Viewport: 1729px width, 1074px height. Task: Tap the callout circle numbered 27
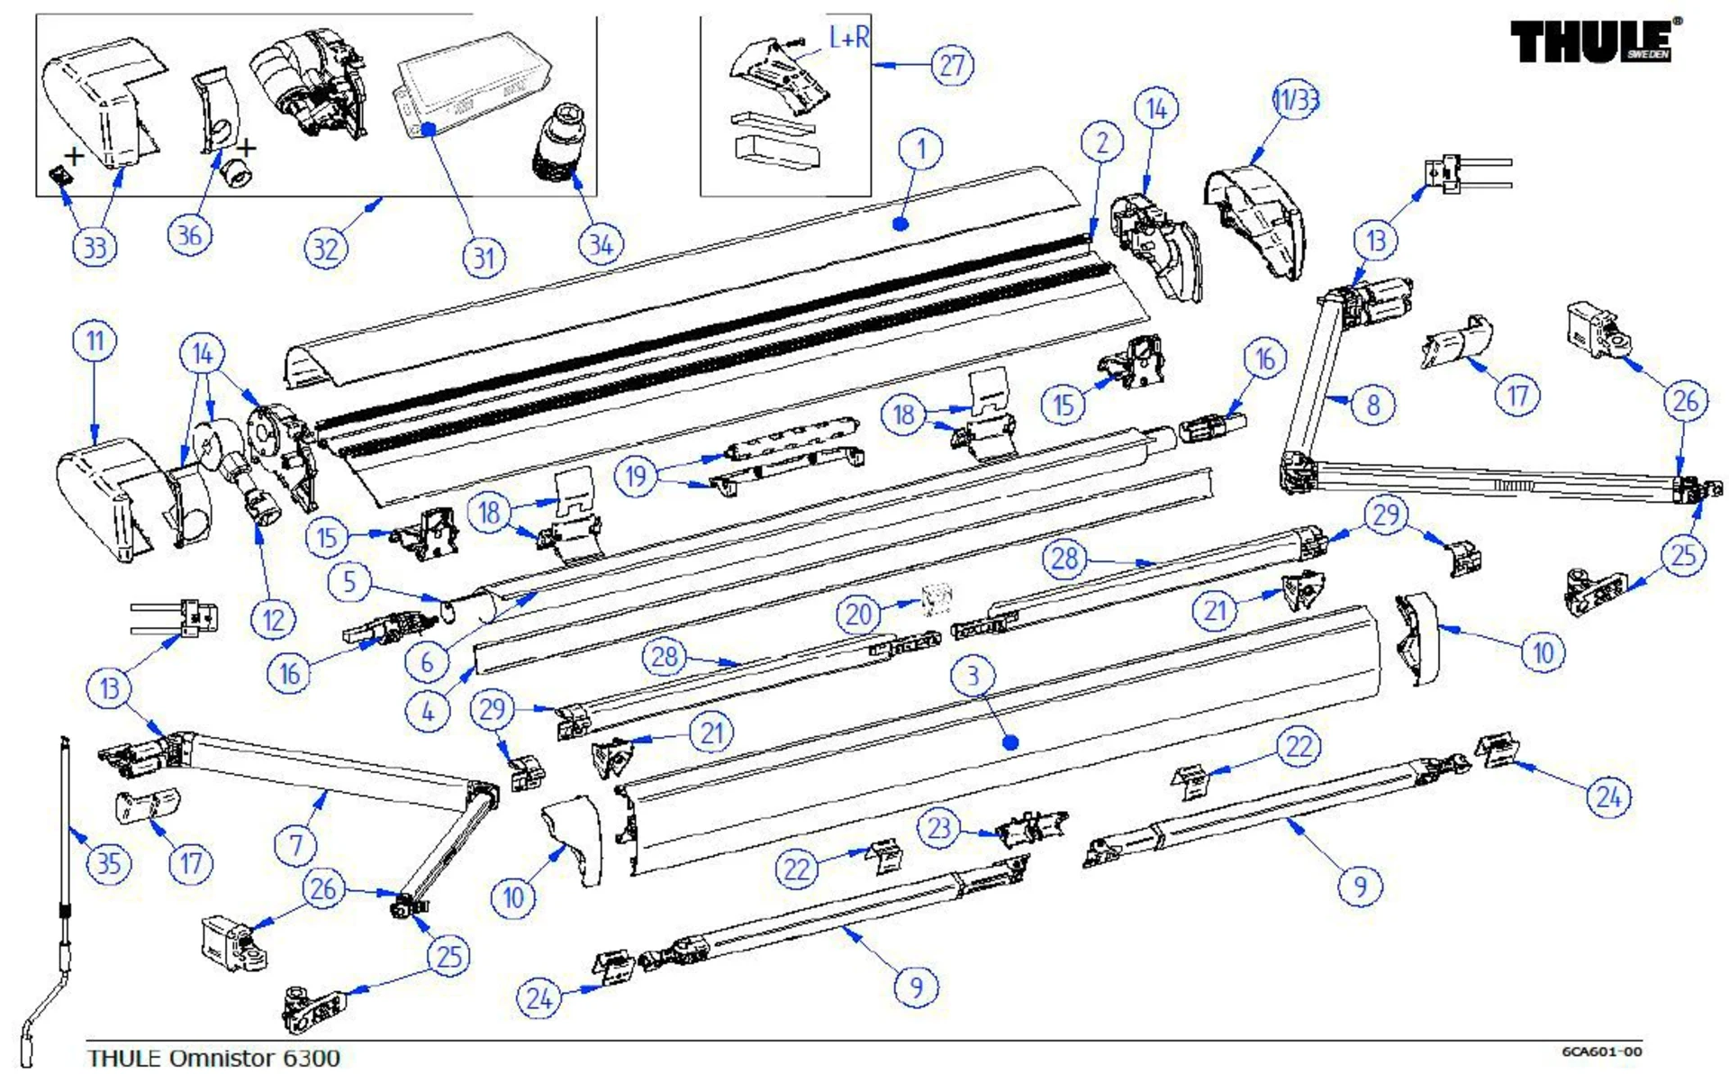click(953, 66)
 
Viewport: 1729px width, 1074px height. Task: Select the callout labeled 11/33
click(1295, 99)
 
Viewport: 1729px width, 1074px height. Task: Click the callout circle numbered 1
click(920, 149)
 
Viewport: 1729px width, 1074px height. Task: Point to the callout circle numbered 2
click(1102, 143)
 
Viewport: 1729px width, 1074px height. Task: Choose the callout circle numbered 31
click(484, 259)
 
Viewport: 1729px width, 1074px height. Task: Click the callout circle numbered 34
click(601, 244)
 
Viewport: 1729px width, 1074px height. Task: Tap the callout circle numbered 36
click(189, 235)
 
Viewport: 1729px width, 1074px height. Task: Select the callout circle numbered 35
click(108, 863)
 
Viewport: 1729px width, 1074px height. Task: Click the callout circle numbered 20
click(858, 614)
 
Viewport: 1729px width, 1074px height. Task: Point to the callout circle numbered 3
click(973, 676)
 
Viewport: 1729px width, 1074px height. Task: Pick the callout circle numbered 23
click(938, 828)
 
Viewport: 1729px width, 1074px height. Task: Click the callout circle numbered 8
click(1372, 405)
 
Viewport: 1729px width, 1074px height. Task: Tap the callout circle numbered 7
click(295, 845)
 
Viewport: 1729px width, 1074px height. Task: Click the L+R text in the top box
click(848, 38)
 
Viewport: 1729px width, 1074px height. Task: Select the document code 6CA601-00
click(1601, 1051)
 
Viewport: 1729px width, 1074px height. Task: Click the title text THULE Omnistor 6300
click(213, 1058)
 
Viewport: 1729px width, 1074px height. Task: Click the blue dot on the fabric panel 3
click(1010, 742)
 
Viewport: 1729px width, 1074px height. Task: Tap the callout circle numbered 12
click(273, 620)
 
